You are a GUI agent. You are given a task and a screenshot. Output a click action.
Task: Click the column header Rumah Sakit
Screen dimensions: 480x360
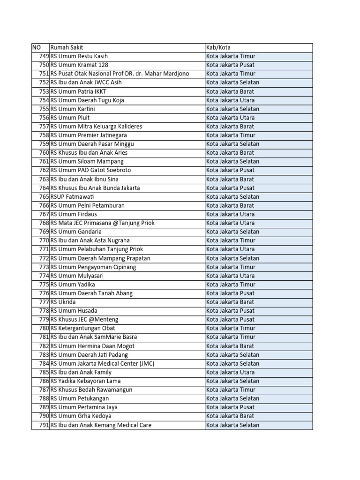pyautogui.click(x=67, y=47)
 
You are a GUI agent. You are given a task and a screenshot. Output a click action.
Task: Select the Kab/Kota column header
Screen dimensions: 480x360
pyautogui.click(x=218, y=47)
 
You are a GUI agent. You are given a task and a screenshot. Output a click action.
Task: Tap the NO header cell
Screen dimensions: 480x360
pyautogui.click(x=37, y=47)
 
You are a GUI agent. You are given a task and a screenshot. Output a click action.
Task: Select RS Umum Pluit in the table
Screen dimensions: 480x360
pyautogui.click(x=70, y=118)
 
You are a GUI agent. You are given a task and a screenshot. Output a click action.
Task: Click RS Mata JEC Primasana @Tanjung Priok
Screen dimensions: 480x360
pyautogui.click(x=102, y=223)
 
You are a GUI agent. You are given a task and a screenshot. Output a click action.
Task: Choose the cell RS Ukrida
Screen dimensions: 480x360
pyautogui.click(x=63, y=302)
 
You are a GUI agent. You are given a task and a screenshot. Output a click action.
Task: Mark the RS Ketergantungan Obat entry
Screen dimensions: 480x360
pyautogui.click(x=82, y=328)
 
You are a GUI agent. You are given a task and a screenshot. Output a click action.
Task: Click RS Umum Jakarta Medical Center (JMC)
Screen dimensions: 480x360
pyautogui.click(x=102, y=363)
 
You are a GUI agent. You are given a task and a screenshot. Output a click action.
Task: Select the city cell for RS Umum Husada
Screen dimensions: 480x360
pyautogui.click(x=230, y=311)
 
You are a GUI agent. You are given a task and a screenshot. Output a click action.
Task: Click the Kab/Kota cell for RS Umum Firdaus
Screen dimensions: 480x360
pyautogui.click(x=231, y=214)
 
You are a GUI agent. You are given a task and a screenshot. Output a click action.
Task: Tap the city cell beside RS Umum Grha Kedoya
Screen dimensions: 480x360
pyautogui.click(x=230, y=416)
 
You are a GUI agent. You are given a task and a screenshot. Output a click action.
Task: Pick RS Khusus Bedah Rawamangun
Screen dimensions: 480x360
pyautogui.click(x=91, y=390)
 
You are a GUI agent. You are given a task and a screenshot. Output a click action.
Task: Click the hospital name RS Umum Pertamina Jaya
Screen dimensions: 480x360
pyautogui.click(x=84, y=407)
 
